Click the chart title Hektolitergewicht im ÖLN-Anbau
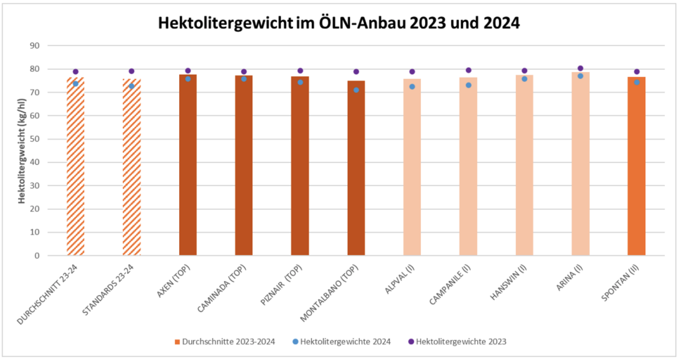tap(339, 23)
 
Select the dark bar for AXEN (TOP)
tap(188, 165)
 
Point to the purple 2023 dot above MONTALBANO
tap(356, 72)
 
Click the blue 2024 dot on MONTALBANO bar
tap(356, 90)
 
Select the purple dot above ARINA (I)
tap(580, 69)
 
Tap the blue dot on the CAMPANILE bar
tap(468, 85)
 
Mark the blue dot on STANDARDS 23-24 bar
tap(132, 86)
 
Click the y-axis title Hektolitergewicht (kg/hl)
tap(22, 151)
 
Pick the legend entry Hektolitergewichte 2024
tap(345, 342)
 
